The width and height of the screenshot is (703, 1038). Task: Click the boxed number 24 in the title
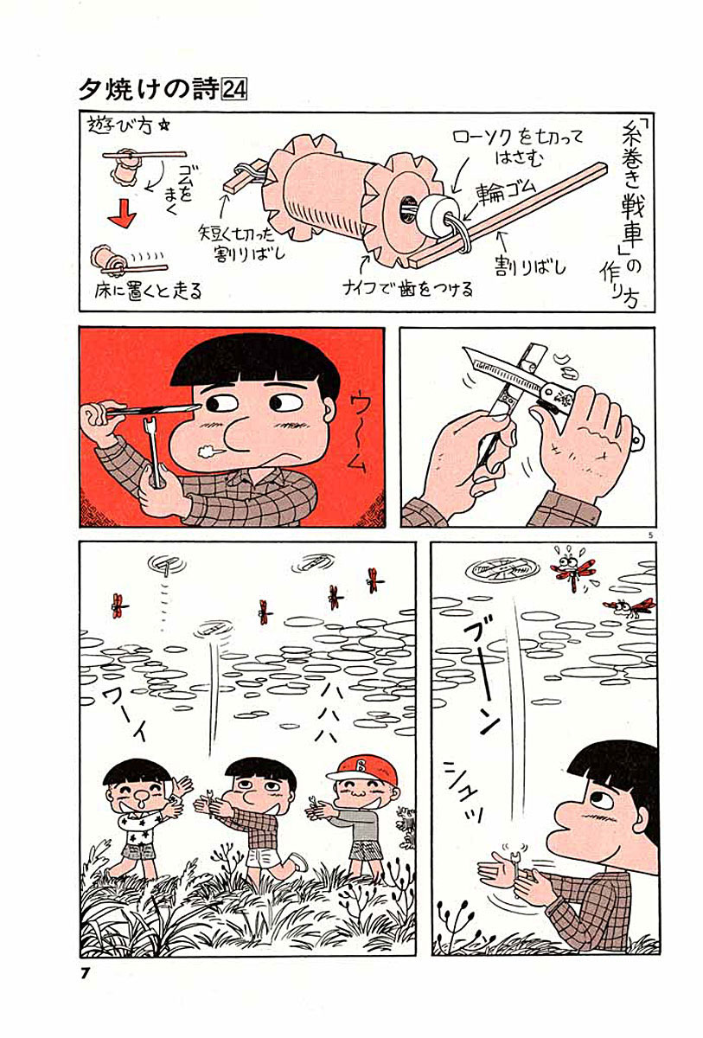pyautogui.click(x=235, y=89)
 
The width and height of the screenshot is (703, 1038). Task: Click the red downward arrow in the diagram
pyautogui.click(x=122, y=213)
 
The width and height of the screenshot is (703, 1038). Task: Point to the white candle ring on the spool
pyautogui.click(x=434, y=214)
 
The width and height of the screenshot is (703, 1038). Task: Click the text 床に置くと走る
pyautogui.click(x=149, y=291)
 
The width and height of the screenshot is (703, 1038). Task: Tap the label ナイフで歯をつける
pyautogui.click(x=407, y=289)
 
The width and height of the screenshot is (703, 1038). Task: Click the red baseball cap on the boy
pyautogui.click(x=361, y=770)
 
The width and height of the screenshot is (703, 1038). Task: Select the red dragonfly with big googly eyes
pyautogui.click(x=572, y=569)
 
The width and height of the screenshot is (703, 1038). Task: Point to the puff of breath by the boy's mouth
pyautogui.click(x=207, y=450)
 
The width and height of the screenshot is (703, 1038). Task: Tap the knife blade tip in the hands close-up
pyautogui.click(x=463, y=349)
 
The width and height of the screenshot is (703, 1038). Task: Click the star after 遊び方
pyautogui.click(x=163, y=127)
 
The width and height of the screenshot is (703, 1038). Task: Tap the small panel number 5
pyautogui.click(x=650, y=535)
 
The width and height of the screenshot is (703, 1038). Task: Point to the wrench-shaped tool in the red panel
pyautogui.click(x=154, y=452)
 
